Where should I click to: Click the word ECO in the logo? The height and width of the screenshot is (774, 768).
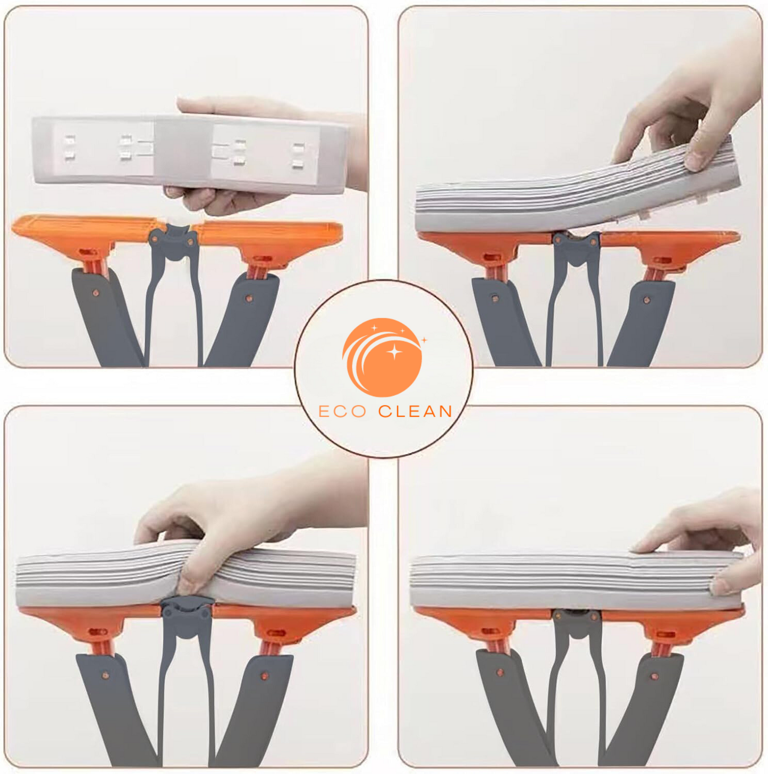coord(342,411)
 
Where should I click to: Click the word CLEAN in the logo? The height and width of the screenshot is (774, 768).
coord(415,411)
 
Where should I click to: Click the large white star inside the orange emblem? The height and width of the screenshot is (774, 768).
coord(394,352)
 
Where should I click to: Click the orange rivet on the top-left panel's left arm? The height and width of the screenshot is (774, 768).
coord(96,293)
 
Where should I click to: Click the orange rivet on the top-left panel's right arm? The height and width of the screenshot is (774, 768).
coord(249,299)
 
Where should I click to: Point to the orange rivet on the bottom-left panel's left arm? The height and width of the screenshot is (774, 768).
coord(105,675)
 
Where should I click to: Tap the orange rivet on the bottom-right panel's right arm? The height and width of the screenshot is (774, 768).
coord(655,676)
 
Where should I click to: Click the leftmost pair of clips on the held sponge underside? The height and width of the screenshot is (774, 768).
coord(69,147)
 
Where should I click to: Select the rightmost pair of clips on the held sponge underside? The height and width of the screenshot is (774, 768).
coord(299,155)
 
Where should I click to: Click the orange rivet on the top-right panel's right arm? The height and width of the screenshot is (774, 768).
coord(647,300)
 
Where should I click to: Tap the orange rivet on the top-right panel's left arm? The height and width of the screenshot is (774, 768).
coord(495,299)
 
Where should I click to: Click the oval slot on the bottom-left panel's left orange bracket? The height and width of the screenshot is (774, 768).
coord(97,632)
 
